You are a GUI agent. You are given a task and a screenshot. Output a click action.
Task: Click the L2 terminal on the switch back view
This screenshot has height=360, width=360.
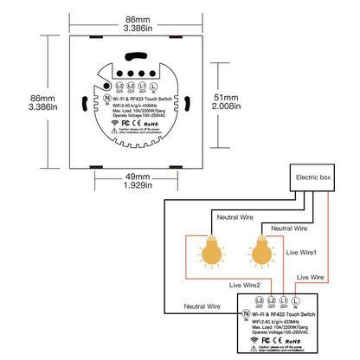129,87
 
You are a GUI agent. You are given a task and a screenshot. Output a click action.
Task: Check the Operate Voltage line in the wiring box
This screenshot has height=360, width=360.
282,330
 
